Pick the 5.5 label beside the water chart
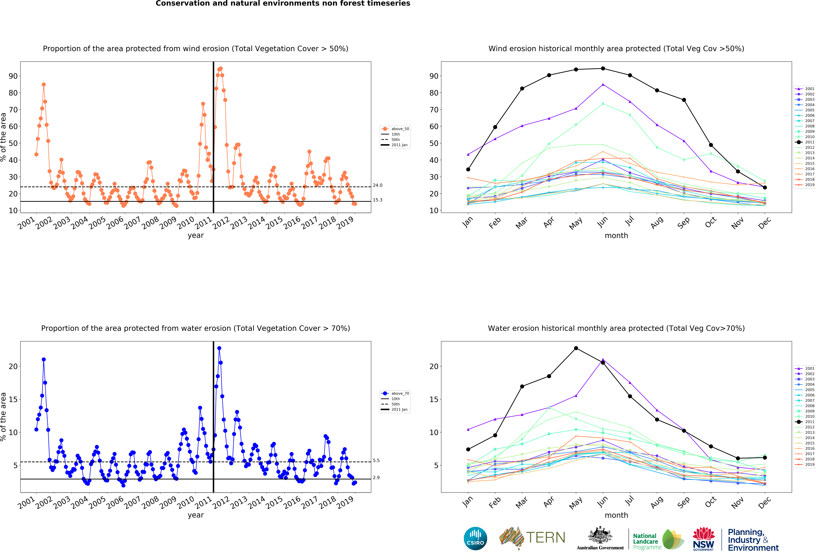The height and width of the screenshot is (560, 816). click(376, 460)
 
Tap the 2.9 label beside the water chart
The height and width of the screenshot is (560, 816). click(376, 477)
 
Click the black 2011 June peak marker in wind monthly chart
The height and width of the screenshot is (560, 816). click(603, 69)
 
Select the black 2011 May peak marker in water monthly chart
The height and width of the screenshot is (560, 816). click(576, 348)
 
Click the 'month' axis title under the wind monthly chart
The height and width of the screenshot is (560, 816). click(616, 236)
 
